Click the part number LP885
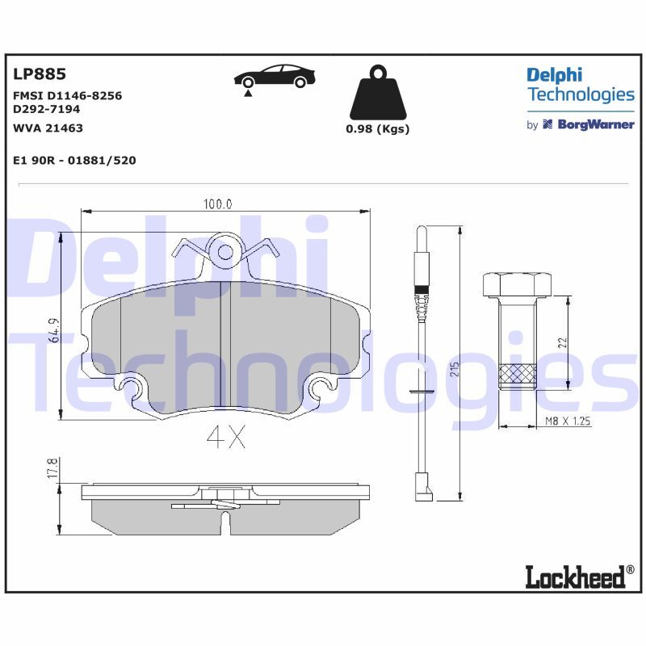pyautogui.click(x=39, y=74)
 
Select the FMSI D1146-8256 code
pyautogui.click(x=68, y=95)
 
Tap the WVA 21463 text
pyautogui.click(x=48, y=128)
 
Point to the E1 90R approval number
pyautogui.click(x=74, y=160)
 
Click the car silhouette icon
pyautogui.click(x=274, y=78)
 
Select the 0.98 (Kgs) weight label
pyautogui.click(x=377, y=129)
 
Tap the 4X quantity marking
pyautogui.click(x=225, y=437)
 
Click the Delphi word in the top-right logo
pyautogui.click(x=554, y=75)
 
